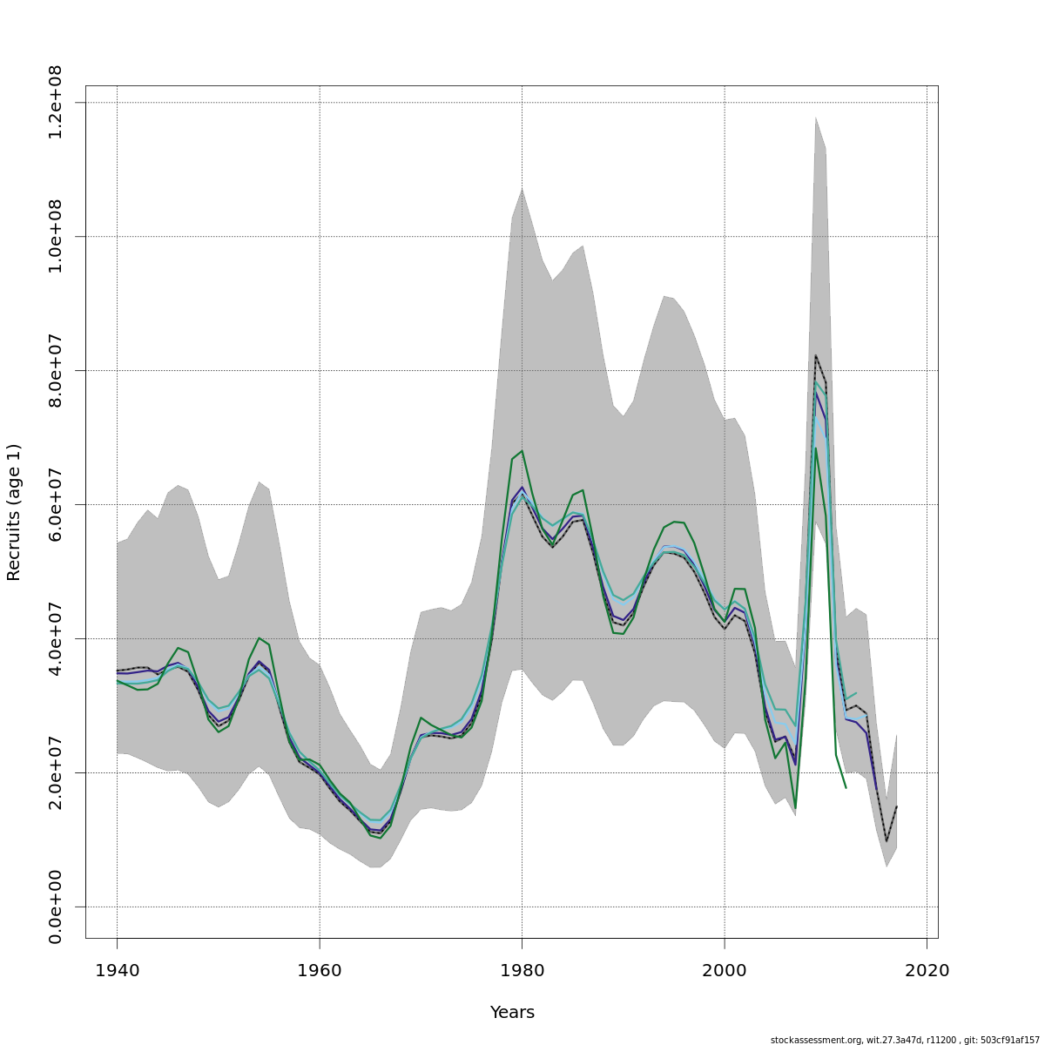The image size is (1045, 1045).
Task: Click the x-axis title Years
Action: tap(512, 1013)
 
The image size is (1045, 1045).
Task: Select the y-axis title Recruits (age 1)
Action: tap(14, 512)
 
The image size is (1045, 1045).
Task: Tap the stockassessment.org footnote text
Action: tap(905, 1040)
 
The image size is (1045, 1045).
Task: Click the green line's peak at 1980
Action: tap(522, 450)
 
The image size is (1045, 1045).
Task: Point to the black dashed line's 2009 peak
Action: tap(816, 355)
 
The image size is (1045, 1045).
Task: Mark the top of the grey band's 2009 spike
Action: tap(816, 117)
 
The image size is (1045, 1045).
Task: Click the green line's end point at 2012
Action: tap(846, 788)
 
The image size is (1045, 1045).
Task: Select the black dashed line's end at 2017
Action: tap(896, 806)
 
